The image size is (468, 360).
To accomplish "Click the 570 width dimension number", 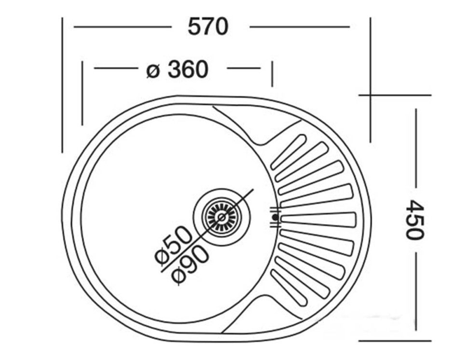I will click(x=207, y=27).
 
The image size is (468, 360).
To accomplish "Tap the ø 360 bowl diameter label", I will click(x=177, y=70).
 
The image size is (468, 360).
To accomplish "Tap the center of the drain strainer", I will click(x=222, y=217).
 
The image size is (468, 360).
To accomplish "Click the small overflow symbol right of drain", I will click(x=275, y=217).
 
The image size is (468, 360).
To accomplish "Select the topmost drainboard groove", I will click(x=289, y=152).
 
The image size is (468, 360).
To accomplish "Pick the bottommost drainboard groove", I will click(x=289, y=288).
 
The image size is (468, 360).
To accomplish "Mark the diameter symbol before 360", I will click(x=152, y=71).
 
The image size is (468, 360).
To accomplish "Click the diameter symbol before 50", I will click(x=162, y=256).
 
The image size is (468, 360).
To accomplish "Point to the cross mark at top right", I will click(x=370, y=95).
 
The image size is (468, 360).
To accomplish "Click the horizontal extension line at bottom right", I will click(x=395, y=341).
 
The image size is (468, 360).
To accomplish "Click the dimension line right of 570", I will click(x=299, y=27).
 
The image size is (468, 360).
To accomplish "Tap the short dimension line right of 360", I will click(x=244, y=69).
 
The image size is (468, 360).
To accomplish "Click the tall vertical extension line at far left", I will click(x=62, y=84).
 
